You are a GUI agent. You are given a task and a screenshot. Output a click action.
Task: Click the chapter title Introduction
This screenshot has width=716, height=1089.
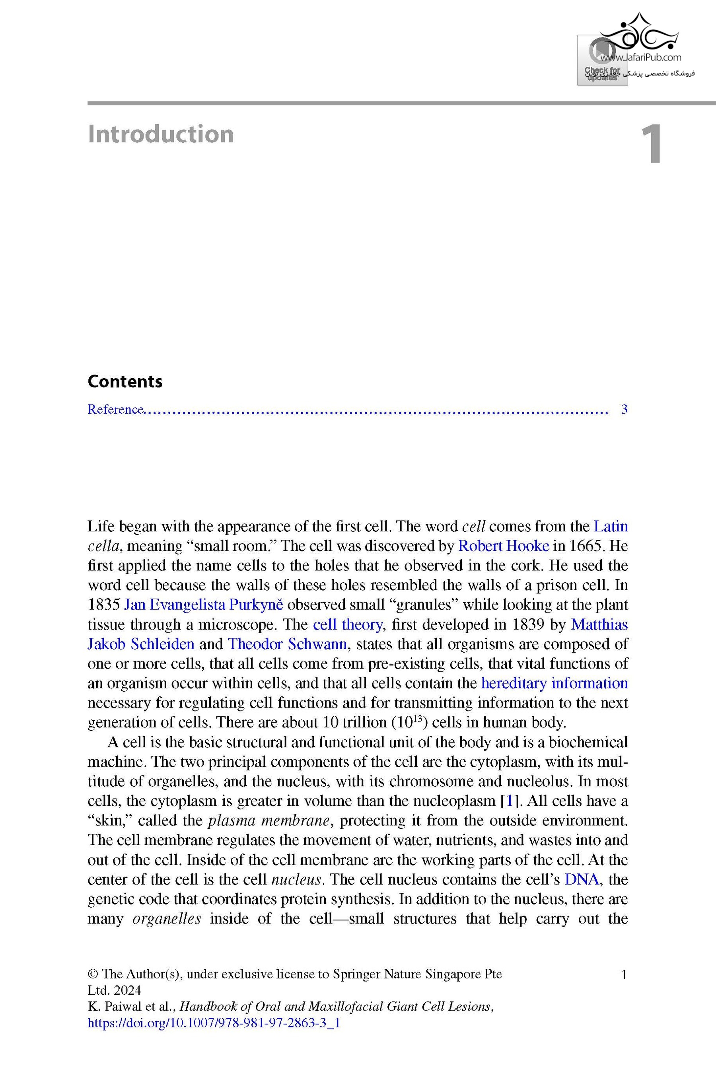pos(161,134)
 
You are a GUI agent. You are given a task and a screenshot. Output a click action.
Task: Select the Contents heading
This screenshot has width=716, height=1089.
pos(125,381)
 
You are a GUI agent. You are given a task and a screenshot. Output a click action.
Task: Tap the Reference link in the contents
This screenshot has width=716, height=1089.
pos(115,409)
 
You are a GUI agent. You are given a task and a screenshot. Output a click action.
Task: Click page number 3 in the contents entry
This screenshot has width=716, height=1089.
pos(624,409)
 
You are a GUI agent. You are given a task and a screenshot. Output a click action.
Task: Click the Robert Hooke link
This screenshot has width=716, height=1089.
pos(503,546)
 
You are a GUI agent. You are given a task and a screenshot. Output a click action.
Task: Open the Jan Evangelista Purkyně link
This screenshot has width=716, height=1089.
pos(204,605)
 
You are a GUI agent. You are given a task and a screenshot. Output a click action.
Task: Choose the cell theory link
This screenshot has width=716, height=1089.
pos(348,624)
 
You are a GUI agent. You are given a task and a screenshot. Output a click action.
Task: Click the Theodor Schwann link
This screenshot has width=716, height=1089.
pos(287,644)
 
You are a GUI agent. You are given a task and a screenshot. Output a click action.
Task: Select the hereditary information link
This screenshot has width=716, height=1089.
pos(555,683)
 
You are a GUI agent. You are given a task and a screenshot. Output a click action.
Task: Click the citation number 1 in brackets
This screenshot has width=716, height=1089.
pos(510,801)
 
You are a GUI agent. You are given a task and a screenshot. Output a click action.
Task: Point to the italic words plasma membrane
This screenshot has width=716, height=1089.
pos(268,821)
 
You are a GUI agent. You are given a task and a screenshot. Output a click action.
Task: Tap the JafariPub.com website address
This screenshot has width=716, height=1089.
pos(640,58)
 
